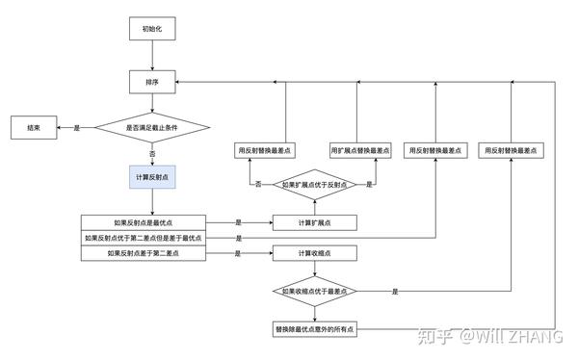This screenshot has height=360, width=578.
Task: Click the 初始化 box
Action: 152,29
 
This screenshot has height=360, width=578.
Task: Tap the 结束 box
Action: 34,126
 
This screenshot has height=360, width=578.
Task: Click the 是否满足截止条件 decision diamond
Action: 152,127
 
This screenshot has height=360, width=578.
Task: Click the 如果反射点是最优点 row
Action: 142,221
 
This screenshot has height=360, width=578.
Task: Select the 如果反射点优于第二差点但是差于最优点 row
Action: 142,238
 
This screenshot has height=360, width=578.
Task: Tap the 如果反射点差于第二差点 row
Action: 142,254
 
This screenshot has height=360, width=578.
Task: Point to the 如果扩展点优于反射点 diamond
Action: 314,184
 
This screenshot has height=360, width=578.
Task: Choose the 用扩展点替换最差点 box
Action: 358,150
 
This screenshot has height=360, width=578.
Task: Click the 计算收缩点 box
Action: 314,254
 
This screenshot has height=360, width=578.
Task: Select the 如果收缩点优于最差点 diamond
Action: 314,291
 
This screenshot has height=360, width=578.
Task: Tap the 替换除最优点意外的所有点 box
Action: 314,328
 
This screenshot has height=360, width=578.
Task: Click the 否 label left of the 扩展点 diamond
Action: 259,184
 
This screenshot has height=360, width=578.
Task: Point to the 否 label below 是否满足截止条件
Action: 152,153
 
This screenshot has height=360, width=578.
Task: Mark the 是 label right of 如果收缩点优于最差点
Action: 395,291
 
